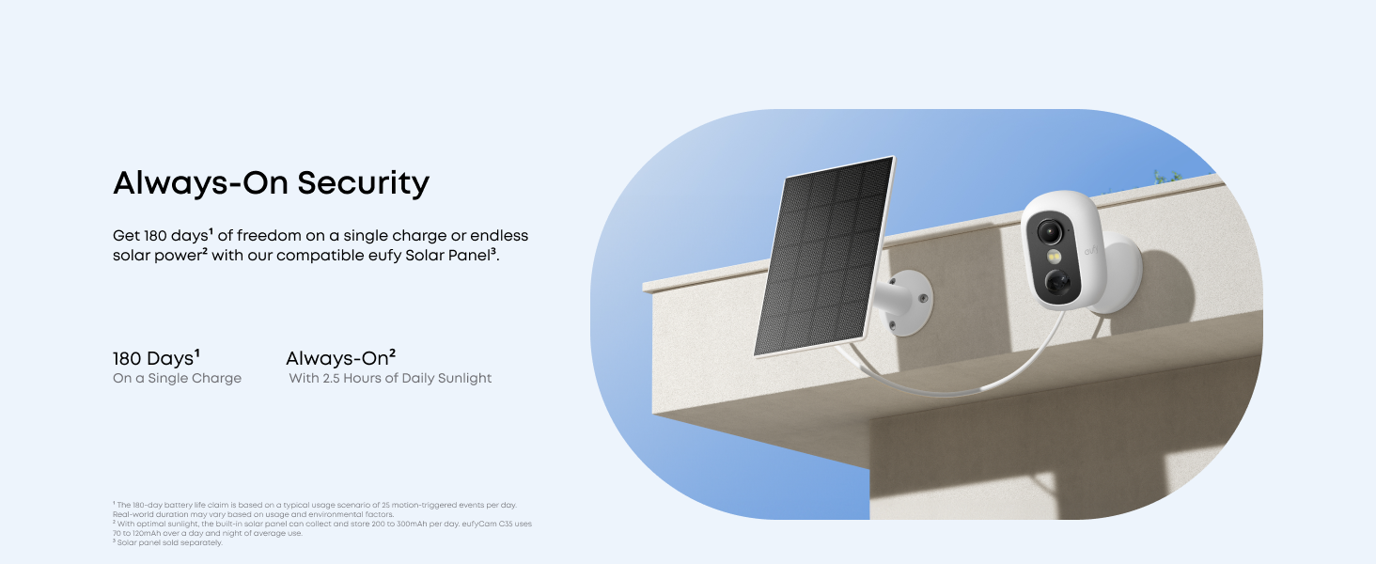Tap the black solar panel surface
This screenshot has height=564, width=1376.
[824, 256]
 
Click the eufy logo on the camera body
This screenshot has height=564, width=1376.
[1091, 251]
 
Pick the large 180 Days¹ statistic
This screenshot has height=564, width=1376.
[156, 358]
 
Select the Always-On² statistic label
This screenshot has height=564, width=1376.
[340, 358]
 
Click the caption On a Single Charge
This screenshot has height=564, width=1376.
[177, 378]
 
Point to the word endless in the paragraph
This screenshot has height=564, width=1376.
[499, 235]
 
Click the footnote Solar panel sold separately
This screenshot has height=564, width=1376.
[169, 542]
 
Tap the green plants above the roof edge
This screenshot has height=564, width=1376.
[1167, 176]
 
